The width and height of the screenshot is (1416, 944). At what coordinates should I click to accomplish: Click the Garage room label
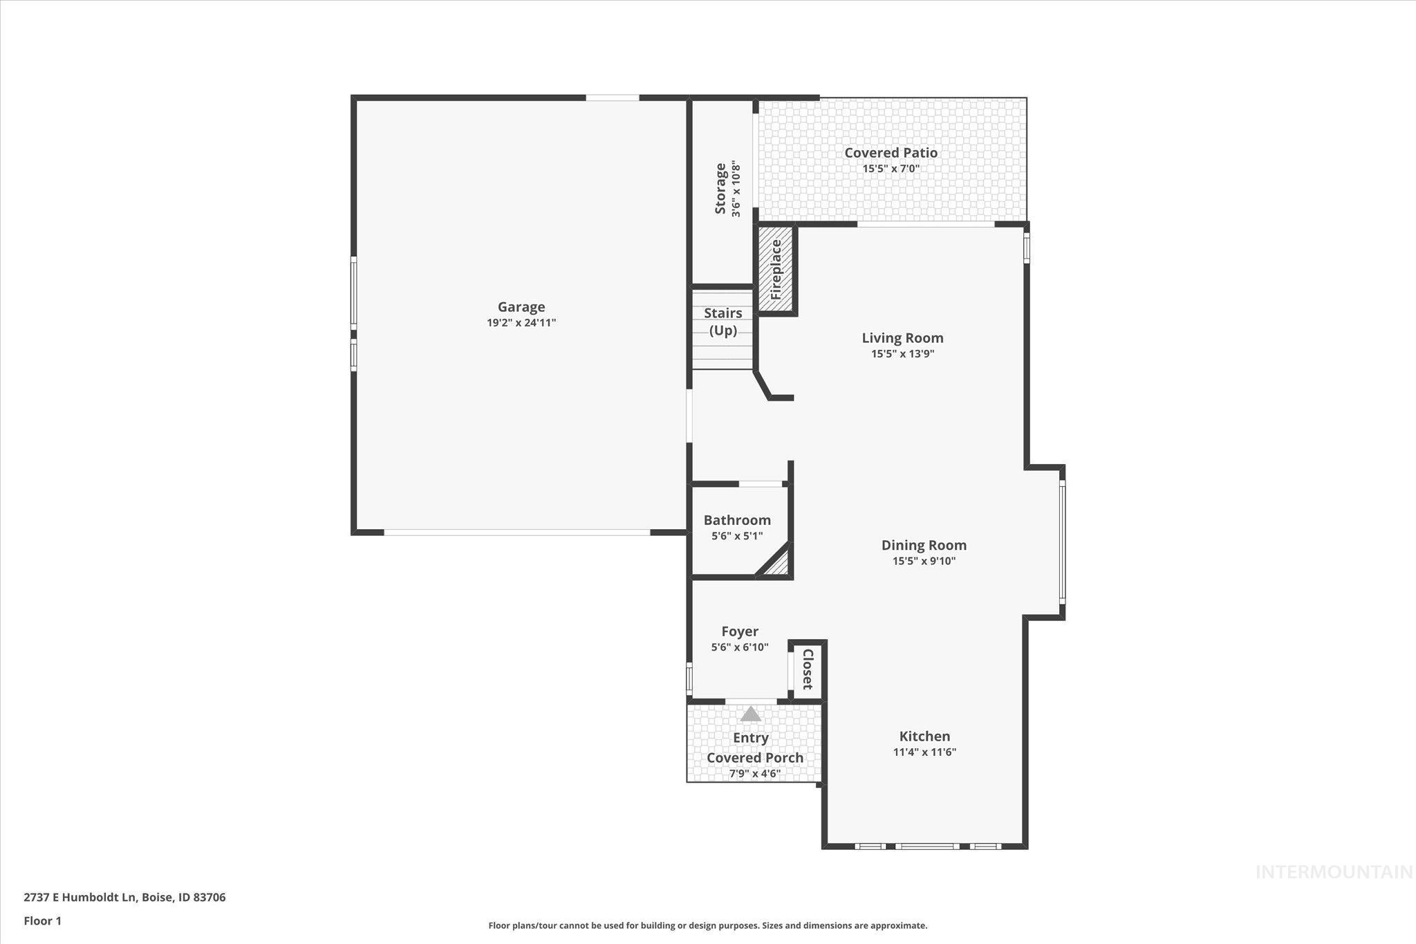521,307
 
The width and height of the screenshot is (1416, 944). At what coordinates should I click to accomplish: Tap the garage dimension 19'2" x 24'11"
521,323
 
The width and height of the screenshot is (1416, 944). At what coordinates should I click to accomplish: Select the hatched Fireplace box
776,269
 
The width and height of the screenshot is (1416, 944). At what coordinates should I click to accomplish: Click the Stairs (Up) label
723,322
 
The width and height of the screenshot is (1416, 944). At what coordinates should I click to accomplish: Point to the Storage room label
720,188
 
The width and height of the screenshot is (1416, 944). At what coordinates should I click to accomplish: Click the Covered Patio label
891,153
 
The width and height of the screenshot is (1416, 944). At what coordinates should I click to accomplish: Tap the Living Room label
902,338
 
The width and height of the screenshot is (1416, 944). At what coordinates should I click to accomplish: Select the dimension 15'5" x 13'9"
902,354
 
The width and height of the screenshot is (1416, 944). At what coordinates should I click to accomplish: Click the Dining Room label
924,546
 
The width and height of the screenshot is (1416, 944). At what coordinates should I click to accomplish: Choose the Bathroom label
737,520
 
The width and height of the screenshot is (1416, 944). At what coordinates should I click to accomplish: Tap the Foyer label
740,631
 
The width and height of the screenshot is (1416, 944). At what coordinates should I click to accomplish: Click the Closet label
807,669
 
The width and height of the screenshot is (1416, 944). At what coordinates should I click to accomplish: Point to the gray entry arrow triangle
751,714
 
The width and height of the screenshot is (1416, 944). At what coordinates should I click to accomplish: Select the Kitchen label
924,737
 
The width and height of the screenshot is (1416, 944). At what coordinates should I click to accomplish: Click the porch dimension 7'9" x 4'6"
754,774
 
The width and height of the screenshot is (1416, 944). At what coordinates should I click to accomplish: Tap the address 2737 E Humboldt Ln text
124,898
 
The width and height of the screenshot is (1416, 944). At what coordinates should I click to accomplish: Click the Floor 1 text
43,921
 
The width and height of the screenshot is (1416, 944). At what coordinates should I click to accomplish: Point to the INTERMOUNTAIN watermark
1334,873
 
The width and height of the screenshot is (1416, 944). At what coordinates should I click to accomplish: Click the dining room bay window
1063,542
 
